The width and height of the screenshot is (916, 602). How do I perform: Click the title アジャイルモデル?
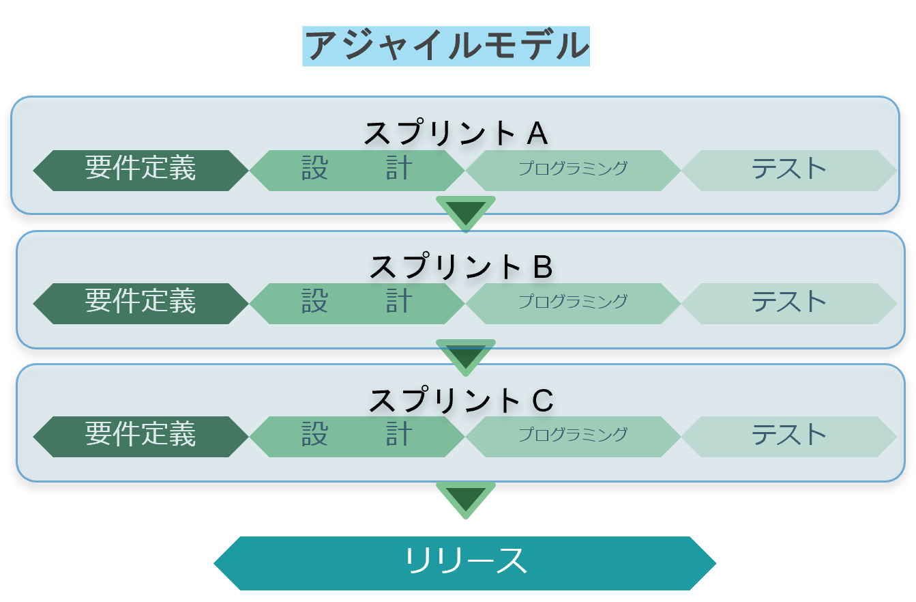(x=445, y=46)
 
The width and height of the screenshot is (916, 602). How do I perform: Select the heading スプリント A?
(x=456, y=133)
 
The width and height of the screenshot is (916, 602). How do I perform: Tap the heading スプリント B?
(x=460, y=267)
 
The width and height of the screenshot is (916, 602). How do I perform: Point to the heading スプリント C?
(x=460, y=401)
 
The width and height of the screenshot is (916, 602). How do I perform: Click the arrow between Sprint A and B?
(x=466, y=212)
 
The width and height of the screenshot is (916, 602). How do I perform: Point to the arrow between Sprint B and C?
(x=466, y=356)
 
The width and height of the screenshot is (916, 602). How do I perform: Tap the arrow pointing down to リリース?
(x=466, y=498)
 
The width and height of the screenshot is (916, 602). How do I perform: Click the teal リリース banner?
(x=465, y=563)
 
